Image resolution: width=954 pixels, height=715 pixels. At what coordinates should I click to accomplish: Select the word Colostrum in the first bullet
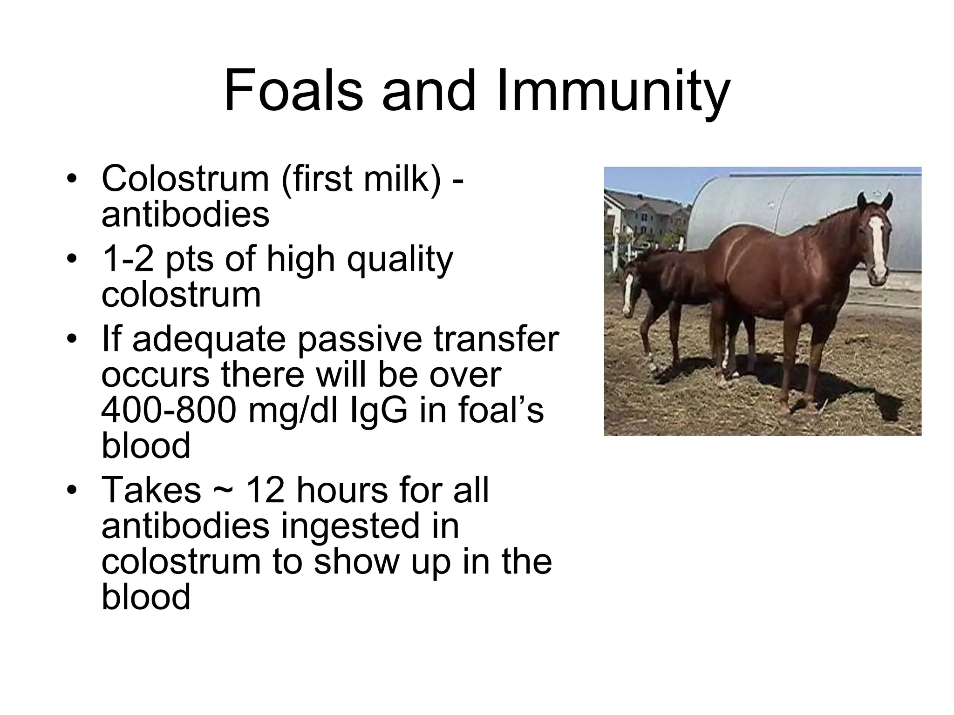coord(185,179)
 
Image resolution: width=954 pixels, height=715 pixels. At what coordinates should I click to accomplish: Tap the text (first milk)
coord(361,179)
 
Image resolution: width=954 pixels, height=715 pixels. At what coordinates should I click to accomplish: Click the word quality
coord(400,260)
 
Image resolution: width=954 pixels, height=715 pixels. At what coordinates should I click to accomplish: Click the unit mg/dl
coord(294,411)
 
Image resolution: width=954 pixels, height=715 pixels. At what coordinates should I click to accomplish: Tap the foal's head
coord(630,289)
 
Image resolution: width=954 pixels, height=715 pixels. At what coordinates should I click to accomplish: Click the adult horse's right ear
coord(887,201)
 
